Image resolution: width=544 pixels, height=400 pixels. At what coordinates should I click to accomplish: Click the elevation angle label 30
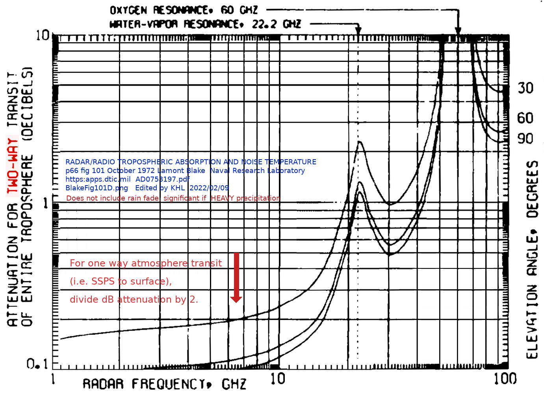[x=525, y=88]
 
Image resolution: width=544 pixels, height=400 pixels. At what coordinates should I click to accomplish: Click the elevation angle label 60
[x=525, y=118]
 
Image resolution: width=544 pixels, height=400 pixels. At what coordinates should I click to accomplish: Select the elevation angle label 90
[x=525, y=139]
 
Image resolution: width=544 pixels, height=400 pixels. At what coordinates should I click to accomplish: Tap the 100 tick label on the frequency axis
[x=505, y=379]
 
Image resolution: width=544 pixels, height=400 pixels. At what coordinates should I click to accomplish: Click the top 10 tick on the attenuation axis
[x=43, y=35]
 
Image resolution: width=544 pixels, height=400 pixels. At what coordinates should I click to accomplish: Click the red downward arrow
[x=236, y=278]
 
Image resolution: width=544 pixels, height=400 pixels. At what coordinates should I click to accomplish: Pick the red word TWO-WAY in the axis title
[x=13, y=166]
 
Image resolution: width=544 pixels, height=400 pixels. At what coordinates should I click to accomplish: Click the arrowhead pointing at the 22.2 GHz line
[x=358, y=31]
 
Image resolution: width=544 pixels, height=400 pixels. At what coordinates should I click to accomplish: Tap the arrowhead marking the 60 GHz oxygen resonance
[x=458, y=31]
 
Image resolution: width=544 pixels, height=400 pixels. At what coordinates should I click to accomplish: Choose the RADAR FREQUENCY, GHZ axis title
[x=164, y=384]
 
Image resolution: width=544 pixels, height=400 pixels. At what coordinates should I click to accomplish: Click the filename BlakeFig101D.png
[x=97, y=188]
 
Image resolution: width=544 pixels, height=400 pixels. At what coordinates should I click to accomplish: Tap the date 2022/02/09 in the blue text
[x=209, y=188]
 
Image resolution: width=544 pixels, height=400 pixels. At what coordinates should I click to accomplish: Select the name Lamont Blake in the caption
[x=181, y=171]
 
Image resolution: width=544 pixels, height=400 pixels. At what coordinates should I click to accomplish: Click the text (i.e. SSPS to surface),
[x=121, y=281]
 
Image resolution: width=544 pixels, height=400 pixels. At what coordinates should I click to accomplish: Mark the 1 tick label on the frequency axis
[x=53, y=379]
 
